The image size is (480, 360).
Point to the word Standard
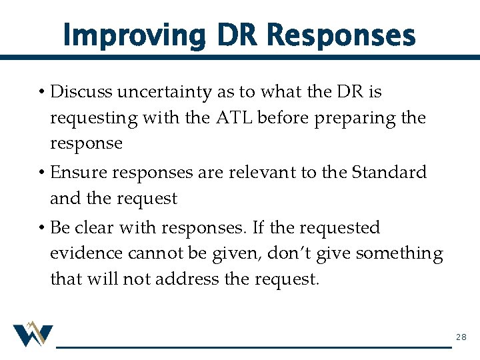pyautogui.click(x=389, y=172)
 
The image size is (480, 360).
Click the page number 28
pyautogui.click(x=461, y=338)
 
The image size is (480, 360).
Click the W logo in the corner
pyautogui.click(x=32, y=335)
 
